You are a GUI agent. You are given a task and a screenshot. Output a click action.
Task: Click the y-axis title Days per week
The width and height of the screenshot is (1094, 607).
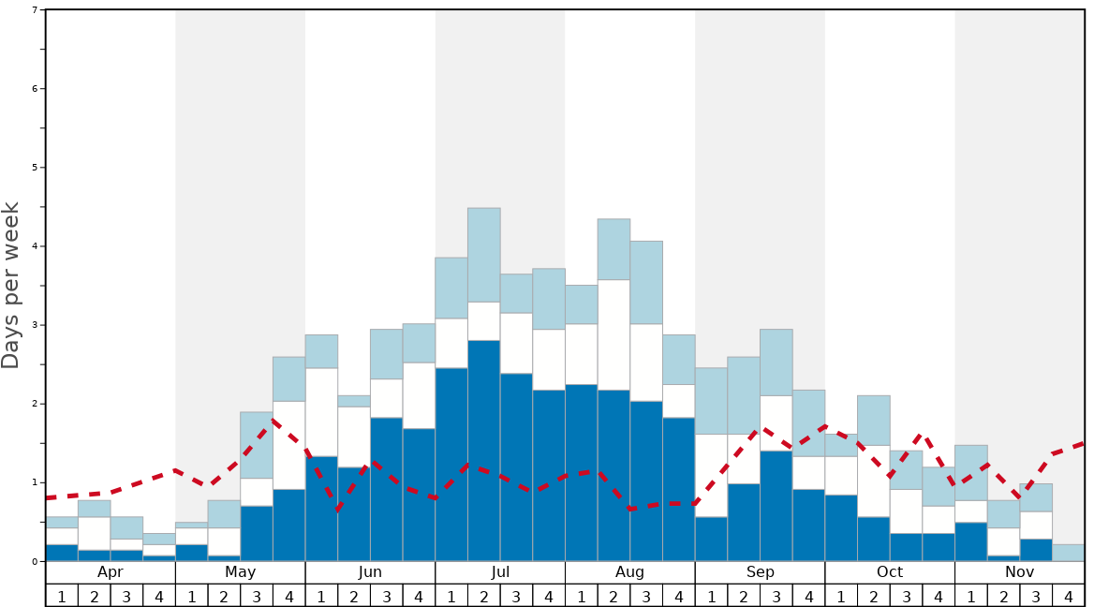tap(11, 285)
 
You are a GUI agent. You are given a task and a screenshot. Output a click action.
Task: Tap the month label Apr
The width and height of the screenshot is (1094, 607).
tap(110, 571)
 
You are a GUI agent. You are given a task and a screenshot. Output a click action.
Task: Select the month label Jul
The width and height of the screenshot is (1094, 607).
tap(500, 571)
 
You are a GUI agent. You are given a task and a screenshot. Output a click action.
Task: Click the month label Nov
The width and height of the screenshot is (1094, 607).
tap(1019, 571)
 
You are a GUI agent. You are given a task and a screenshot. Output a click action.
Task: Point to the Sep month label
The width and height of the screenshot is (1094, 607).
tap(760, 571)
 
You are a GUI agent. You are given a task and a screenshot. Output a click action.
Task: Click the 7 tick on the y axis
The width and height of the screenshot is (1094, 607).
tap(35, 10)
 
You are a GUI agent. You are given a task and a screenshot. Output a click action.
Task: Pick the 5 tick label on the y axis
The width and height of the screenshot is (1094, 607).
tap(35, 168)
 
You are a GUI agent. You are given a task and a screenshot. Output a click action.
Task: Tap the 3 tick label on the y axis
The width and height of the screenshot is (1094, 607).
tap(35, 325)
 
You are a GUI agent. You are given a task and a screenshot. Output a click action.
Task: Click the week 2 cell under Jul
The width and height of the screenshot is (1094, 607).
tap(484, 595)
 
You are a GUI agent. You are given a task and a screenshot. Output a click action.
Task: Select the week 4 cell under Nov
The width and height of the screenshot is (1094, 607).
tap(1069, 595)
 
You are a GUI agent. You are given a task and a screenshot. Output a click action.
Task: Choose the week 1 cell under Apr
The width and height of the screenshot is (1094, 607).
tap(62, 595)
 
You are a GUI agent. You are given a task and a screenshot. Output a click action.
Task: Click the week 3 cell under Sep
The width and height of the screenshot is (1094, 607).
tap(776, 595)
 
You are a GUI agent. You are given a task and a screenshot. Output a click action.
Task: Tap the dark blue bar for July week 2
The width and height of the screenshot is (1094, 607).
tap(484, 450)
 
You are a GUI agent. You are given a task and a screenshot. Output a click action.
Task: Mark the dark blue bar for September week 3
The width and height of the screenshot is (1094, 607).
tap(776, 506)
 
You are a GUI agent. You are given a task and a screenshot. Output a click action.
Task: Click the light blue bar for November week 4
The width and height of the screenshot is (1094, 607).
tap(1069, 553)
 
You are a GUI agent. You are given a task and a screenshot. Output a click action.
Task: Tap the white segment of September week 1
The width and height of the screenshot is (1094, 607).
tap(711, 475)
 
